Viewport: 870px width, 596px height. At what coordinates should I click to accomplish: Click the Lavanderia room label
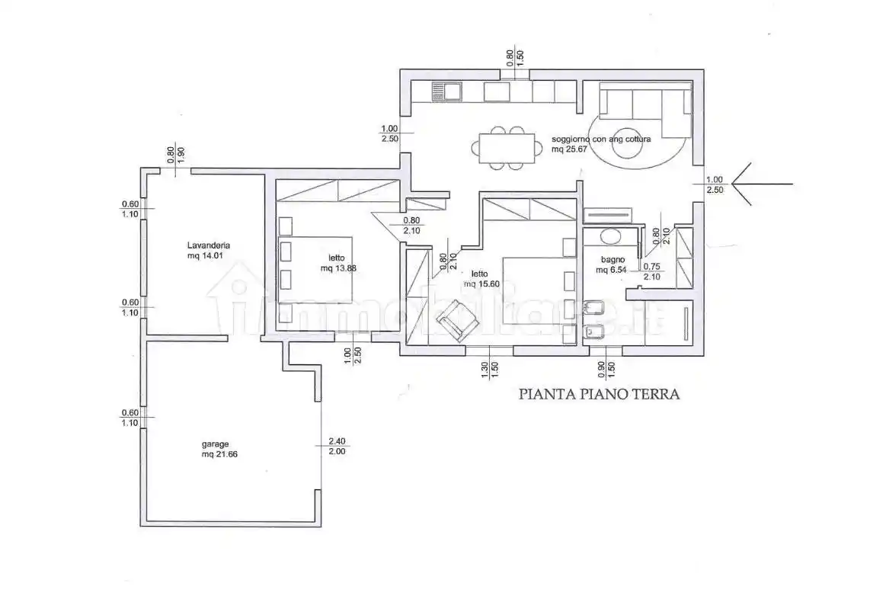pos(208,245)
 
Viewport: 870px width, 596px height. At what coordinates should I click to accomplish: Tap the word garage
pos(216,444)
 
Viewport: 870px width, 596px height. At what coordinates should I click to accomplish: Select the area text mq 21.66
pos(217,455)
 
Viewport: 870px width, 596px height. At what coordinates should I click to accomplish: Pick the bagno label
pos(611,259)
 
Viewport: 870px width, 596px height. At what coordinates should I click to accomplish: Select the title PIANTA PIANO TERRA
pos(598,394)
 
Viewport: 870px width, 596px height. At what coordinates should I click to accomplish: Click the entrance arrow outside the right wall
pos(762,184)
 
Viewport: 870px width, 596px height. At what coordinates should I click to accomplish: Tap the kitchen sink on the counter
pos(447,92)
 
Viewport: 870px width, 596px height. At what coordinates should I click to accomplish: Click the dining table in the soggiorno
pos(501,148)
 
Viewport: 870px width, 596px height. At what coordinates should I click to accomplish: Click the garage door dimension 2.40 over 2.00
pos(336,446)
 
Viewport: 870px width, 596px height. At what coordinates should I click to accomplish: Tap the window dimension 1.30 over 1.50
pos(490,370)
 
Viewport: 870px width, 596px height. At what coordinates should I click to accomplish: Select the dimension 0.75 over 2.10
pos(651,271)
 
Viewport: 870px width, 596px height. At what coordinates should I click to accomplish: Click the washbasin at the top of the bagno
pos(611,236)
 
